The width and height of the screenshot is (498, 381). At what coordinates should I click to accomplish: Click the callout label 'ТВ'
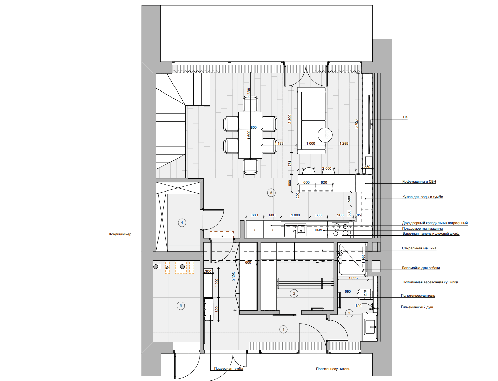click(405, 117)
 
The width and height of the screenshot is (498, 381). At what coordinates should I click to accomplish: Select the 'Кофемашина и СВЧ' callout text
click(419, 181)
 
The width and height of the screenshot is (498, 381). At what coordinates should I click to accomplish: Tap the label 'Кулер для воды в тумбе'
click(422, 197)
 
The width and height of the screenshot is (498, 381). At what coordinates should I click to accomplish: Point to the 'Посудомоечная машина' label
click(422, 228)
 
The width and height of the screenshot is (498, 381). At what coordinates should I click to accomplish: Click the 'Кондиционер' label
click(120, 234)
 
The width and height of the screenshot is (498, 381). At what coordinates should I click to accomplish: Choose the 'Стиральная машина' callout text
click(419, 248)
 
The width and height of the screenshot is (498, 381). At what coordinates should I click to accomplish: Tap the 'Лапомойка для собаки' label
click(421, 268)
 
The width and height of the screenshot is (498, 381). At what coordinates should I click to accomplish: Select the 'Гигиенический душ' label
click(417, 307)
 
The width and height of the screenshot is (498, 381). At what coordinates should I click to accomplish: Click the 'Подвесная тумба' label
click(229, 368)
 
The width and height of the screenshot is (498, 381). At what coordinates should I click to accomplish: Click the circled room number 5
click(271, 193)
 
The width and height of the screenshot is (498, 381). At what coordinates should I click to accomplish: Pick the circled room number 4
click(182, 223)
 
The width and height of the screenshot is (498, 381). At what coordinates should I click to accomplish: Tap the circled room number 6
click(181, 306)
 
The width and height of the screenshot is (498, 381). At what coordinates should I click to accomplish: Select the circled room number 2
click(294, 293)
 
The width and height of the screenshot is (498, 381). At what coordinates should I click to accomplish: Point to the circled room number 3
click(349, 313)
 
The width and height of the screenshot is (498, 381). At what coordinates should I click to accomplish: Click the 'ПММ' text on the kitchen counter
click(318, 230)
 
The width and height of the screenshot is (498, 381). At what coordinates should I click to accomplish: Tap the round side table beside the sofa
click(325, 135)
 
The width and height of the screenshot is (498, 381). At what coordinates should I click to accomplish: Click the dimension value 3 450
click(356, 124)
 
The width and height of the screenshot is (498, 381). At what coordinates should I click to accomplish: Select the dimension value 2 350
click(233, 276)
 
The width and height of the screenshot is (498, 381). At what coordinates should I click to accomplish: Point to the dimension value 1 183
click(279, 143)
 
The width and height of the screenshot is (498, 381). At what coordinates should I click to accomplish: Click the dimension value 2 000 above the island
click(327, 168)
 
